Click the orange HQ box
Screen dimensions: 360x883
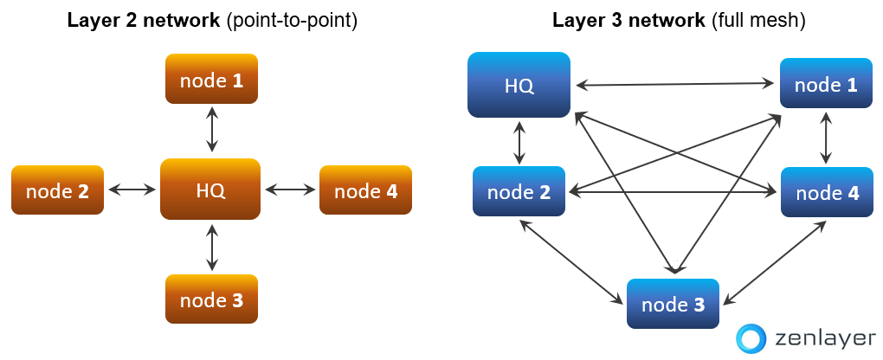click(x=210, y=189)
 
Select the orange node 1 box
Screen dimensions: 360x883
click(x=211, y=79)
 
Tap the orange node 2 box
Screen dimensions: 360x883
click(x=57, y=190)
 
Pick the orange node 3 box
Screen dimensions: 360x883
click(x=211, y=299)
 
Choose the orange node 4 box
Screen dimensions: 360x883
click(x=365, y=190)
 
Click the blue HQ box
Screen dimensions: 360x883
click(x=519, y=85)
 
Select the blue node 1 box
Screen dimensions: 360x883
click(x=826, y=83)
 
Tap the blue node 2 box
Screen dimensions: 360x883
click(x=519, y=191)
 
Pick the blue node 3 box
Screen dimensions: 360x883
click(x=673, y=304)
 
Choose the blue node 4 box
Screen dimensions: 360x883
click(x=827, y=192)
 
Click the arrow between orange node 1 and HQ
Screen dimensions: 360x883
click(x=211, y=131)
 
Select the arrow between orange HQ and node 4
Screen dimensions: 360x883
click(x=290, y=190)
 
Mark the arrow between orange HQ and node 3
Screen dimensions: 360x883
click(x=211, y=247)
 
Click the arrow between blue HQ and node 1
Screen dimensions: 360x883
click(x=674, y=85)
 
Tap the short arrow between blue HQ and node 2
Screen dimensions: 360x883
click(x=519, y=143)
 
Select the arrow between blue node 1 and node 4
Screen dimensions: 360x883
click(x=827, y=138)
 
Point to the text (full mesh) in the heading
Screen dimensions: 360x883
click(x=757, y=21)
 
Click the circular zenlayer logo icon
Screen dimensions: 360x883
click(x=751, y=338)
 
